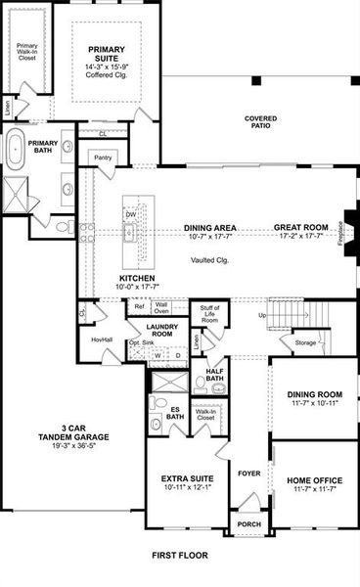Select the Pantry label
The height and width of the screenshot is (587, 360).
[102, 157]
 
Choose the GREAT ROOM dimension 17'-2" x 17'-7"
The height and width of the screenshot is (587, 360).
[299, 236]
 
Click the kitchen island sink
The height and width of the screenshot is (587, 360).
[128, 233]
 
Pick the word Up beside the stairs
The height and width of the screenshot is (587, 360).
[261, 316]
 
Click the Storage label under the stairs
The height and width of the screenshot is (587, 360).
[305, 343]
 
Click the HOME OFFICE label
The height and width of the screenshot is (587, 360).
[313, 480]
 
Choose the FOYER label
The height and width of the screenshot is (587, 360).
[249, 473]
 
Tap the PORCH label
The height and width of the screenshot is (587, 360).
[249, 524]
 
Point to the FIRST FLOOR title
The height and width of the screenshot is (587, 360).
[180, 555]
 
